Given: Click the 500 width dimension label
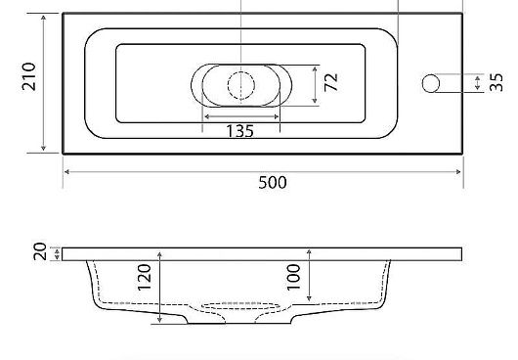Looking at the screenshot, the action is [x=273, y=183].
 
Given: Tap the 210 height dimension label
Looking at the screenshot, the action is [x=28, y=76].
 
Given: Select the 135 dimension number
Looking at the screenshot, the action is [x=240, y=131].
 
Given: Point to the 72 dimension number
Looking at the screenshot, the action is [x=331, y=82].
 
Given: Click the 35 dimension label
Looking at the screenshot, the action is [x=496, y=82].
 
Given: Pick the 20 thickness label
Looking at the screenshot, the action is [x=40, y=251].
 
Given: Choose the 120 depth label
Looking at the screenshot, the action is [x=144, y=277].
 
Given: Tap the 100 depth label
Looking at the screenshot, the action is [x=293, y=277].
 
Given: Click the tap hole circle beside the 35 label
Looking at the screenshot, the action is [x=431, y=83].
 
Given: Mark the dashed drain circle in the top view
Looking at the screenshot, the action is [x=241, y=85].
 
